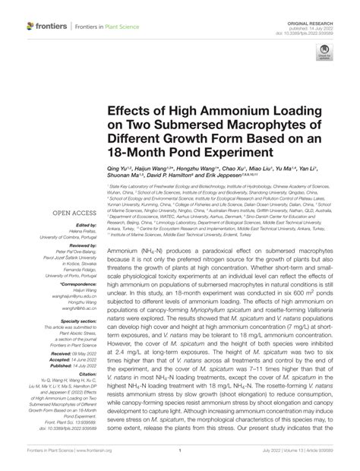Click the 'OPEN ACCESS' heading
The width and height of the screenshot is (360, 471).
[x=52, y=213]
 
